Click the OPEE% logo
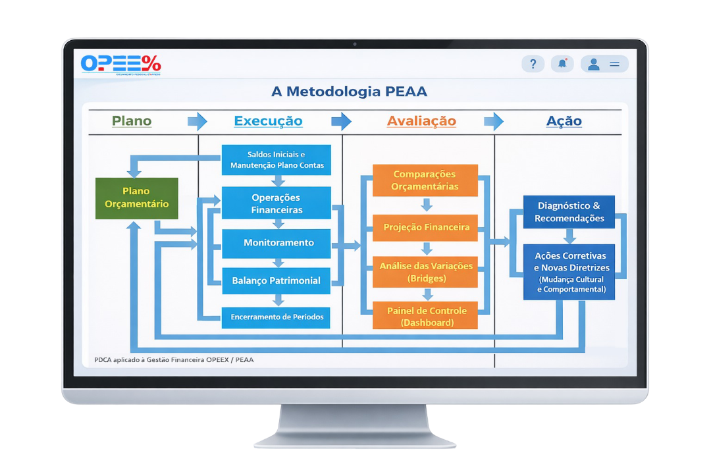120,64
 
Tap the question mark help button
533,64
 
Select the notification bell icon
562,64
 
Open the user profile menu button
604,64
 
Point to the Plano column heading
132,121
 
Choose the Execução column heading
268,121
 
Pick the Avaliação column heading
421,121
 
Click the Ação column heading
564,121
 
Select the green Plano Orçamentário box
137,198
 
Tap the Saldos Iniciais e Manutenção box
276,160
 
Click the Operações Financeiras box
276,203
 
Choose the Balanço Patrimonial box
276,280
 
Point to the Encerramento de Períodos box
276,317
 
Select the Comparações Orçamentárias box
425,180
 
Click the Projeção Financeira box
426,228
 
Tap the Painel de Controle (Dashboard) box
426,316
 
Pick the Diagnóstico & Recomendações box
569,212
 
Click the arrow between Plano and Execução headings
197,121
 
